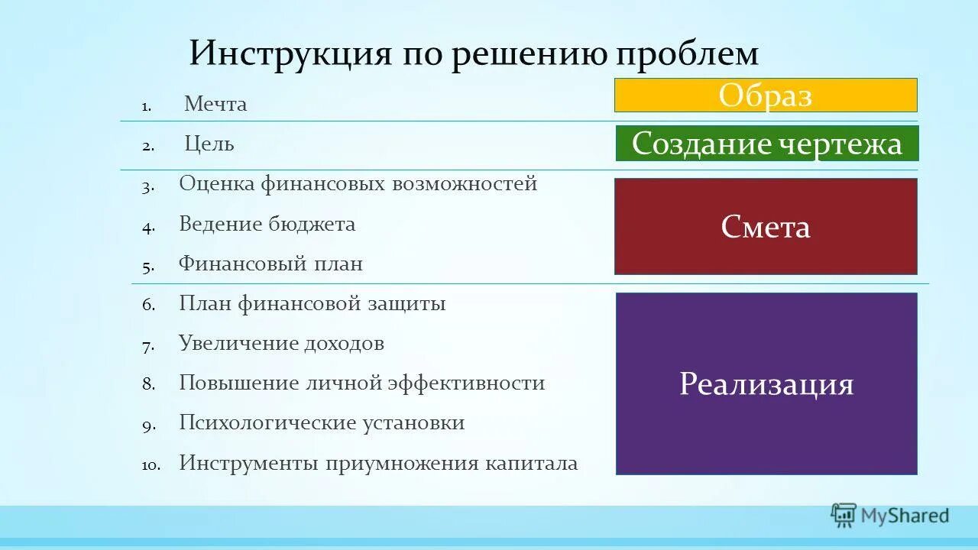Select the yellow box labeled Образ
click(766, 95)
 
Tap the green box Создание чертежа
click(767, 144)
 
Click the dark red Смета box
click(766, 227)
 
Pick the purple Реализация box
click(766, 383)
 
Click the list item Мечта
click(215, 104)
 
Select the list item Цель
click(209, 144)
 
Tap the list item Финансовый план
click(270, 264)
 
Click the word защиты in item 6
click(410, 303)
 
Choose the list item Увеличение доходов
click(281, 343)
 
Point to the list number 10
click(151, 464)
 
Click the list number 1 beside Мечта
click(146, 106)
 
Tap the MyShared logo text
click(905, 516)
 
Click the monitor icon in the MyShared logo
click(844, 516)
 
